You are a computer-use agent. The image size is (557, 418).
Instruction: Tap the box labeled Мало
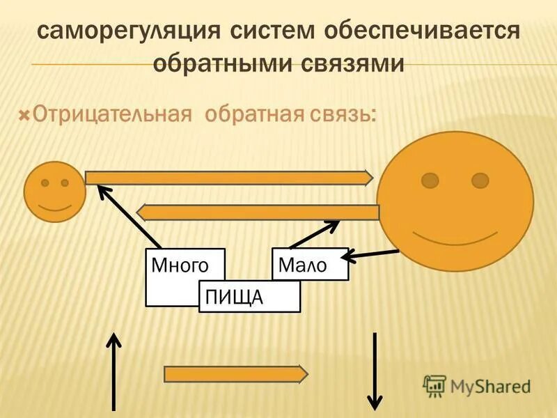pyautogui.click(x=310, y=264)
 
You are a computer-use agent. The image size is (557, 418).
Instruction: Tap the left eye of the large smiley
pyautogui.click(x=430, y=180)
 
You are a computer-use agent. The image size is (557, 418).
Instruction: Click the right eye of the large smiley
pyautogui.click(x=480, y=180)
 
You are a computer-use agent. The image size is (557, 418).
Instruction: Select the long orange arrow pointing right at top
pyautogui.click(x=230, y=178)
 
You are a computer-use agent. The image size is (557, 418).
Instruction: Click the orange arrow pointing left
pyautogui.click(x=258, y=212)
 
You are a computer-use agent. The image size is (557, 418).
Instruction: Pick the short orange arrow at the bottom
pyautogui.click(x=236, y=374)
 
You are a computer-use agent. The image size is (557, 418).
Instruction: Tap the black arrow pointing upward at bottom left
pyautogui.click(x=113, y=369)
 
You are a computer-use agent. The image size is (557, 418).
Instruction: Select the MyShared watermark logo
pyautogui.click(x=477, y=385)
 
